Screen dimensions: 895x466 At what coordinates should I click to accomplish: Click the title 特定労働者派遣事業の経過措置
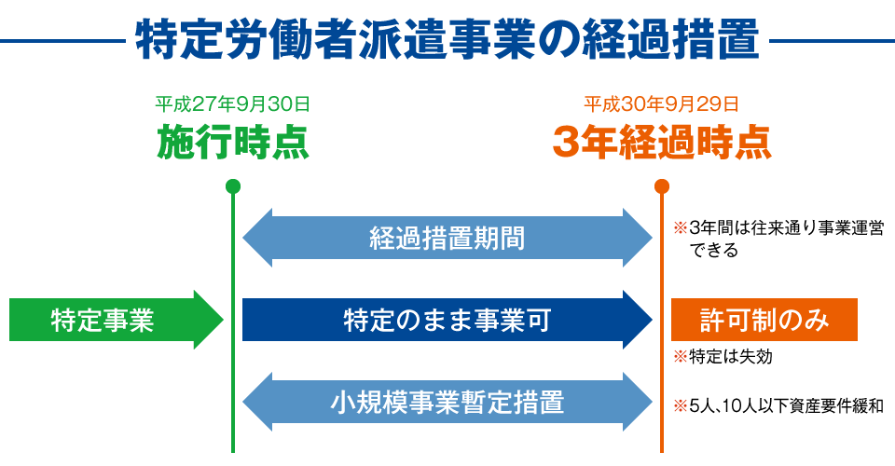(447, 40)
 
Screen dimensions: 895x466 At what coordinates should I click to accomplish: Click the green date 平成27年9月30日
(233, 103)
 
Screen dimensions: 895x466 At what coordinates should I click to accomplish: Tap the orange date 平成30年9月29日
(662, 103)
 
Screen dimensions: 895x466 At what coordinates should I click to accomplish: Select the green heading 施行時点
(233, 142)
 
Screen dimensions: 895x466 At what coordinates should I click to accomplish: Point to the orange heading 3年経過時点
(662, 142)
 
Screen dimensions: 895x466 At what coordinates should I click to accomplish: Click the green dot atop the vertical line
(233, 186)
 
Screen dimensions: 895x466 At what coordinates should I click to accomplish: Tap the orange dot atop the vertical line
(662, 186)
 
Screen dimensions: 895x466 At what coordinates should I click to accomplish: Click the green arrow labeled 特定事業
(117, 320)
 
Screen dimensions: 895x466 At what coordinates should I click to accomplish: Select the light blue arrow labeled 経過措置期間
(447, 238)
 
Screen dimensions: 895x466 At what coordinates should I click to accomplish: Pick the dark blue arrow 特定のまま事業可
(447, 320)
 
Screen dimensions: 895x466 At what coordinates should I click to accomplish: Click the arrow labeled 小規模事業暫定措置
(447, 402)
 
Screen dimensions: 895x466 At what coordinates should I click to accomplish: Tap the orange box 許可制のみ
(764, 320)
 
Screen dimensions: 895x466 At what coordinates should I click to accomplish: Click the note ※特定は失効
(723, 357)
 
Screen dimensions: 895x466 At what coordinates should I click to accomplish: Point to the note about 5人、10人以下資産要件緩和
(778, 406)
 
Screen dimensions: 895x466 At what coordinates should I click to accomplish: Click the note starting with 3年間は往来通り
(778, 239)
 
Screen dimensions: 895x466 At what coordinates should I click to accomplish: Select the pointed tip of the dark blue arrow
(652, 320)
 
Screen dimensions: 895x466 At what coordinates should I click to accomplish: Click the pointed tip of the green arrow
(223, 320)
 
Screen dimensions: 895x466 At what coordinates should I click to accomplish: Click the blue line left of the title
(62, 41)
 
